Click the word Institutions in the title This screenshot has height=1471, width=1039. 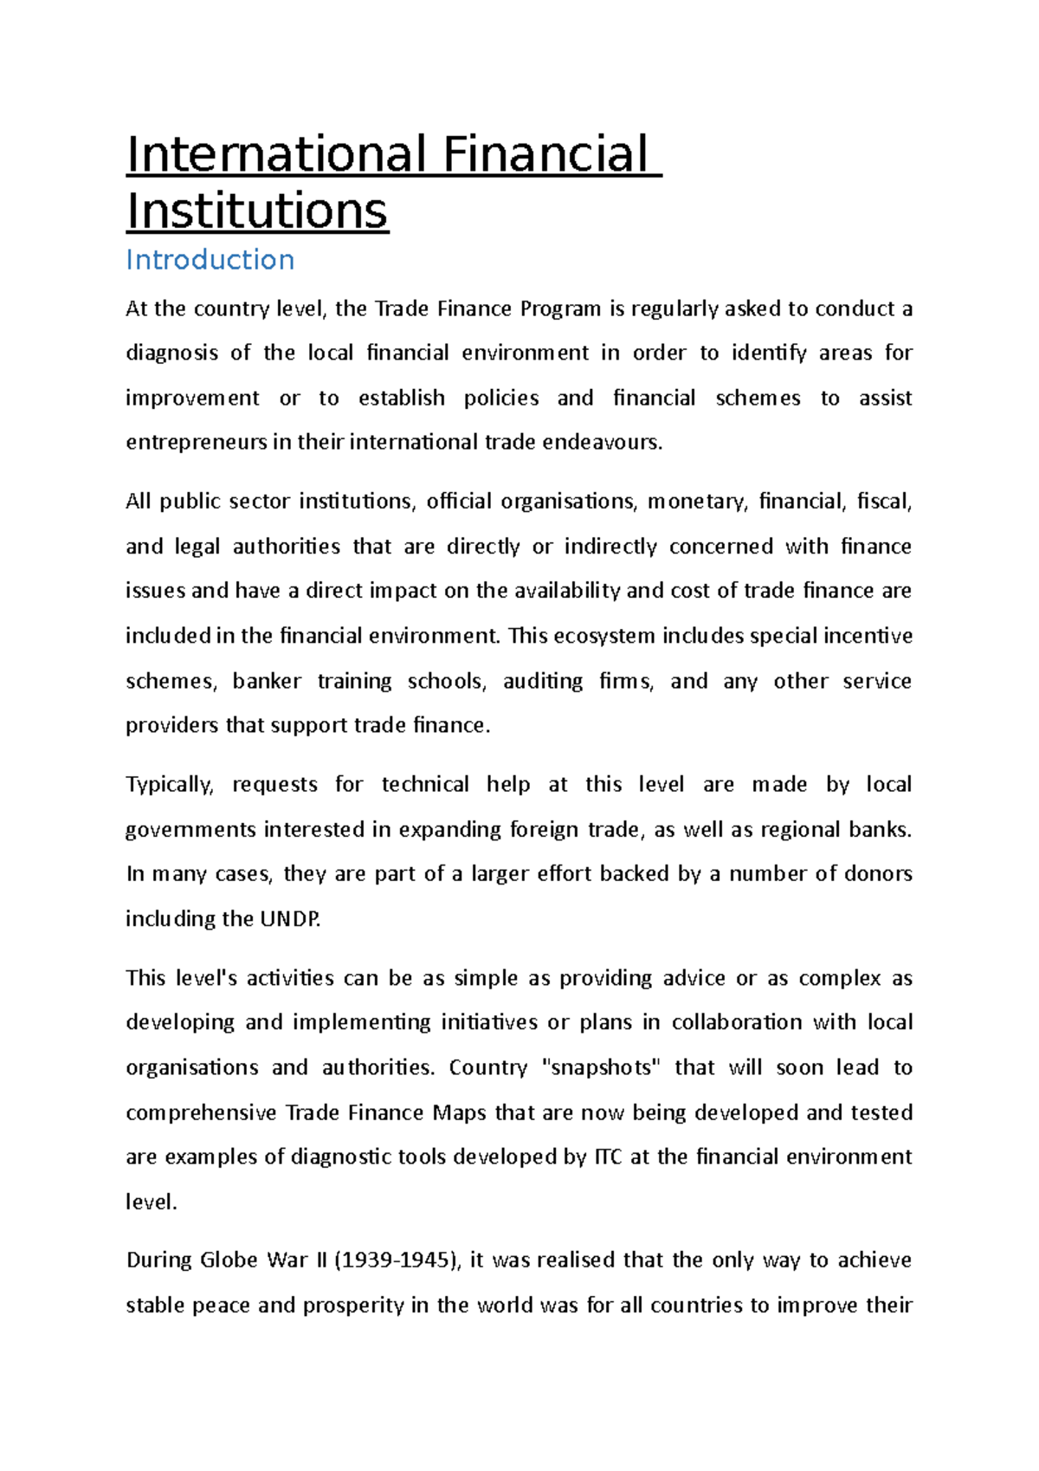(257, 211)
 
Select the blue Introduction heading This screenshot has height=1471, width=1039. (210, 260)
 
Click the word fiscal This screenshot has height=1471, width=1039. (883, 502)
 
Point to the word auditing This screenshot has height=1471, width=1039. (543, 681)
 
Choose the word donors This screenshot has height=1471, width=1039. (878, 874)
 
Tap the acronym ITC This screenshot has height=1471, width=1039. (607, 1157)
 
